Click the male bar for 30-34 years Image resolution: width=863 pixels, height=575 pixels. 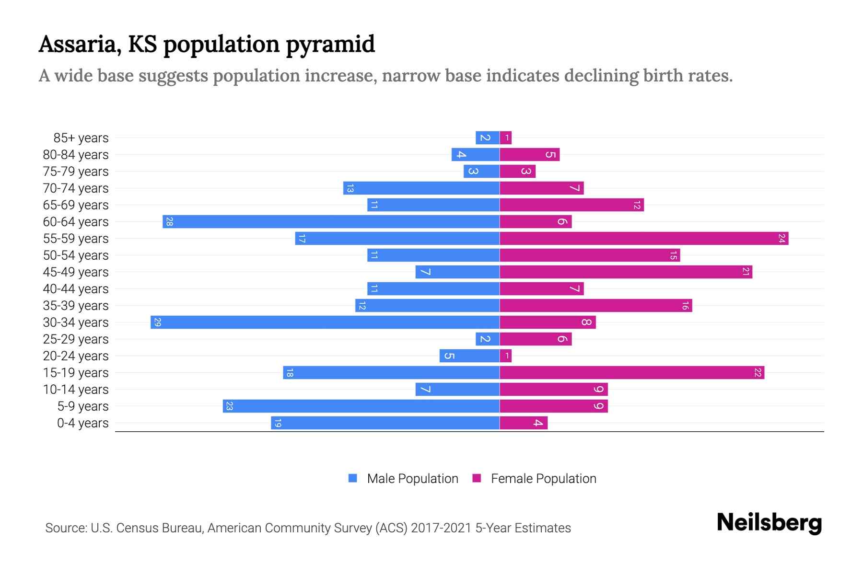point(325,322)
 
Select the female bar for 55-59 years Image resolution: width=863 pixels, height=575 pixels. point(644,238)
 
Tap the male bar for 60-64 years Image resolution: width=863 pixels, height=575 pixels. point(331,221)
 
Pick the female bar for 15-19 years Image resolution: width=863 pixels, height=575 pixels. point(632,372)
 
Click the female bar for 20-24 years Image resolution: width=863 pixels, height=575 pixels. point(506,356)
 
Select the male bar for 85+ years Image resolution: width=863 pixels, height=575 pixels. point(487,138)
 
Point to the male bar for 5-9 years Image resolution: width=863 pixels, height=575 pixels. point(361,406)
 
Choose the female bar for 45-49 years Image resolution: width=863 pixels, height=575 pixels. point(626,272)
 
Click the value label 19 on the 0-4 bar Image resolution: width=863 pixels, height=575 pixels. point(278,423)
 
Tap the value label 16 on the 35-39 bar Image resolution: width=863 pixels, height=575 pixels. point(685,306)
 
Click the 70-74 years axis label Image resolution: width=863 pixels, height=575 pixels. point(76,188)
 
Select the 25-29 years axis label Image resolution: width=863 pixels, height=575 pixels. point(76,339)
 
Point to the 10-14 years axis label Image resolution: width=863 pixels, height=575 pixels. point(76,390)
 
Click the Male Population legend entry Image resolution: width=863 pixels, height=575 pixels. point(412,479)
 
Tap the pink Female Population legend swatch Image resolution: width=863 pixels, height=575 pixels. point(477,478)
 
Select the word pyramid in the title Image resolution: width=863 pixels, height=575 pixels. point(330,44)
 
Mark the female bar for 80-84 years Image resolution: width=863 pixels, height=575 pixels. point(529,154)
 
